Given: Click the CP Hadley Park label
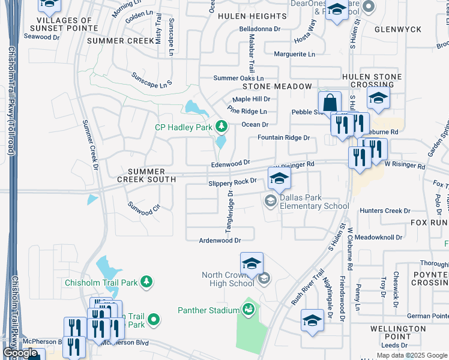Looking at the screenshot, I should tap(184, 127).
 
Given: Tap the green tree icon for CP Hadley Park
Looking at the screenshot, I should tap(221, 127).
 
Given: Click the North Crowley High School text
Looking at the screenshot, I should tap(227, 279).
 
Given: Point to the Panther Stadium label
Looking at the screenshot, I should tap(208, 310).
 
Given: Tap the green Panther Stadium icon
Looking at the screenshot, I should tap(248, 309).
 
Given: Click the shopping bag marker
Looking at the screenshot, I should tap(330, 102).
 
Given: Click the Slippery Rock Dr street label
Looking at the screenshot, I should tap(232, 181).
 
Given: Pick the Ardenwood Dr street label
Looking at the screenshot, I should tap(220, 240).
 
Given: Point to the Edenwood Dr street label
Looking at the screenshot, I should tap(230, 163).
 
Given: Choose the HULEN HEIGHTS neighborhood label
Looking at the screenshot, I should tap(252, 16).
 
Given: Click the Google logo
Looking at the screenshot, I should tap(20, 353).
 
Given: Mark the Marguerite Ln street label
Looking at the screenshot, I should tap(294, 54).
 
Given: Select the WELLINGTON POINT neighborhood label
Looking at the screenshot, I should tap(397, 332).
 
